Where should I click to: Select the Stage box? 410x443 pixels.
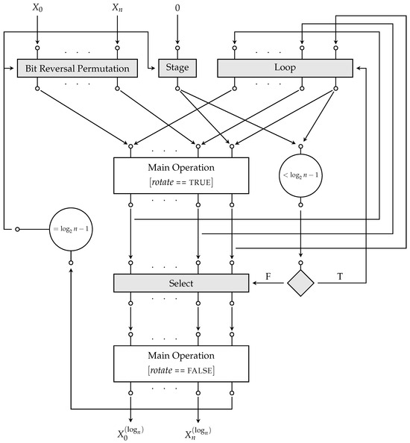(176, 69)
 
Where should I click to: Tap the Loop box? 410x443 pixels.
(284, 69)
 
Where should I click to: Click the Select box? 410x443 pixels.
(180, 283)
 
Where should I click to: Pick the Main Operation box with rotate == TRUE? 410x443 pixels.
(180, 175)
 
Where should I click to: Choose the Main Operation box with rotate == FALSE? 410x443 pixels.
(180, 363)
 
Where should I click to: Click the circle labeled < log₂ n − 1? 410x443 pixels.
(302, 175)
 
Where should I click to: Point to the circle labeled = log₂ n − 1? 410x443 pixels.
(70, 228)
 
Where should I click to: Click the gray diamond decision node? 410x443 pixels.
(302, 283)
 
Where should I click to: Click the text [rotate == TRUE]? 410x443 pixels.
(180, 182)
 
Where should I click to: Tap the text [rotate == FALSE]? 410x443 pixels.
(180, 370)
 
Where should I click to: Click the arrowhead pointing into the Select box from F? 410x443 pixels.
(252, 283)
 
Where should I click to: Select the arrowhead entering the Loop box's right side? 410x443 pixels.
(356, 69)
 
